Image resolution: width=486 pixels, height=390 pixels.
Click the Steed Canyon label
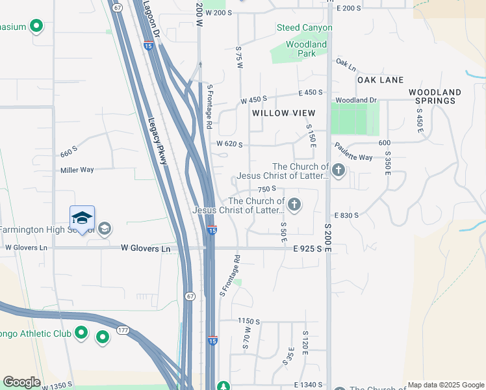(304, 28)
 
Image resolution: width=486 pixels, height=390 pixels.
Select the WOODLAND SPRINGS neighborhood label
(435, 96)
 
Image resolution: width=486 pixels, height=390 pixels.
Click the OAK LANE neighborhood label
(380, 80)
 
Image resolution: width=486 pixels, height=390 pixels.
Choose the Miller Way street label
(77, 170)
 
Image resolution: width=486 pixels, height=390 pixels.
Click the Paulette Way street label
(354, 157)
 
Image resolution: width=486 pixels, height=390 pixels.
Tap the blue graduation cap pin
(83, 217)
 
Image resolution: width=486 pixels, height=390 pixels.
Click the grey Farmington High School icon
(104, 229)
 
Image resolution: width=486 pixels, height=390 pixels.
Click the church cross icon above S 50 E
(294, 205)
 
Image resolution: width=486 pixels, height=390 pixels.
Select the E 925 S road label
(307, 249)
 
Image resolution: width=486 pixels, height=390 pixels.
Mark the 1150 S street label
(248, 321)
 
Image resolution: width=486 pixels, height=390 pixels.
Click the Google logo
(21, 382)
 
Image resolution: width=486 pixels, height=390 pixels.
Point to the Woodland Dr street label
(356, 100)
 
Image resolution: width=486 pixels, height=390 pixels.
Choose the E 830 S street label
(346, 215)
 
